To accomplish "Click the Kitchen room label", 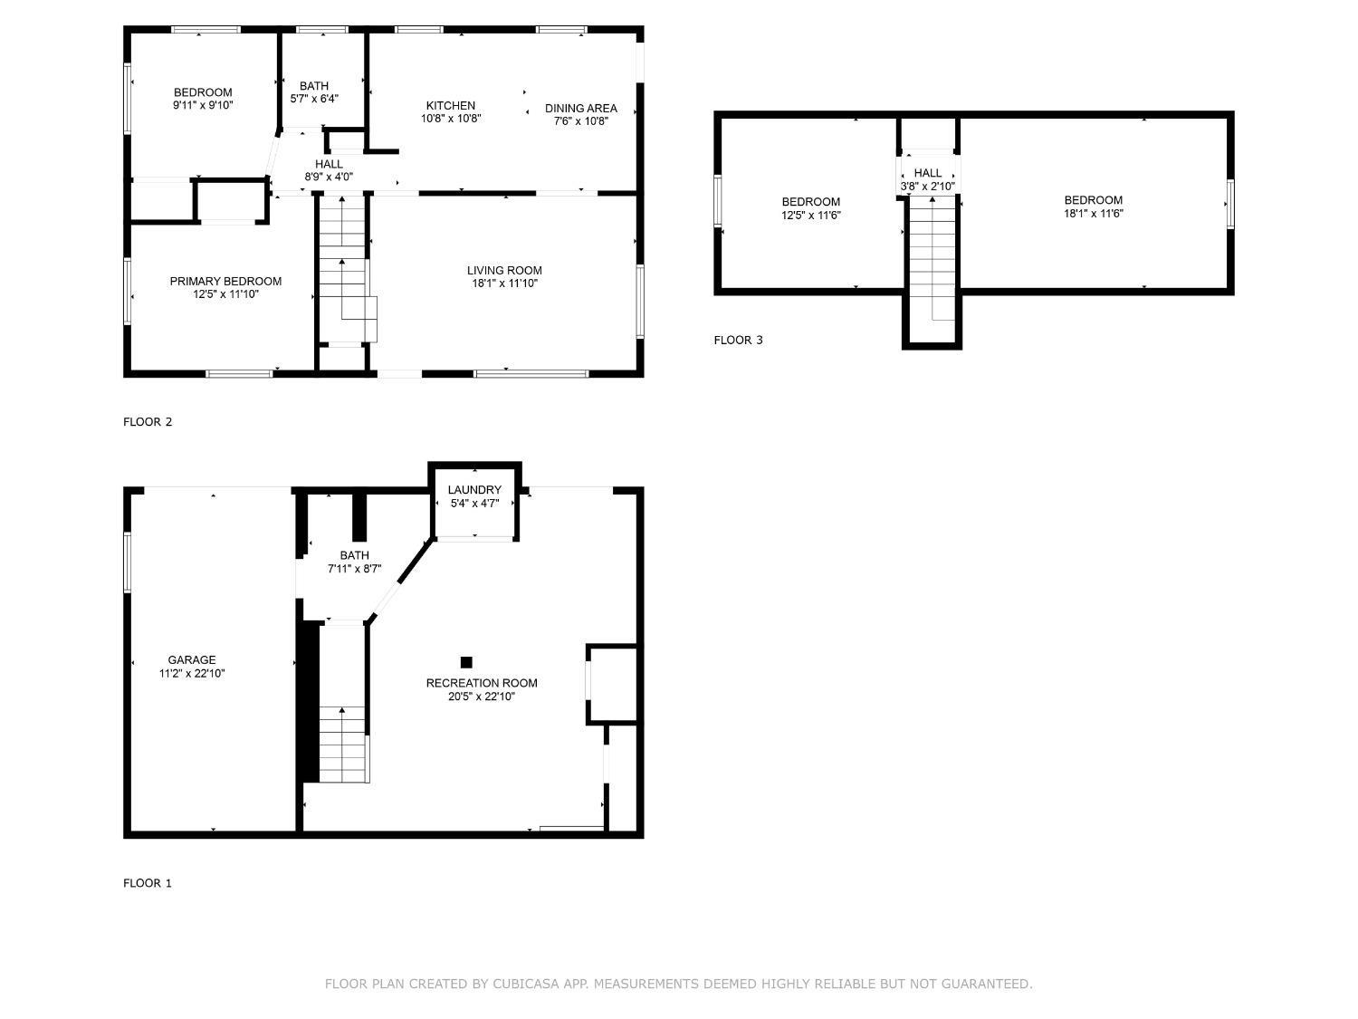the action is (x=450, y=106).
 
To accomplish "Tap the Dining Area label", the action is (x=580, y=109).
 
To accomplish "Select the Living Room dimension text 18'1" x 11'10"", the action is (x=504, y=284).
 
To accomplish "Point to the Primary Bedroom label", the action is (x=225, y=281).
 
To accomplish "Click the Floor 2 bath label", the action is (x=313, y=86).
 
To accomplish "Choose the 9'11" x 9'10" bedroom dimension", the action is (x=203, y=105).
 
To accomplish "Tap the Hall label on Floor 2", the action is (x=329, y=164).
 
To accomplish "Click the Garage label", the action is (x=192, y=659).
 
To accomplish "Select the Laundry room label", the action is (x=474, y=489).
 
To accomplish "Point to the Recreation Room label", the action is (x=482, y=682).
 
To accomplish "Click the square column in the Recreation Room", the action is (x=466, y=662).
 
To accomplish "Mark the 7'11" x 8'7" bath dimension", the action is (x=355, y=569).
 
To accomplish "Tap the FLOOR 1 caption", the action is (x=148, y=883).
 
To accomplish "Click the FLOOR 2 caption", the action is (x=148, y=422).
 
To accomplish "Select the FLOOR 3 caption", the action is (x=738, y=341).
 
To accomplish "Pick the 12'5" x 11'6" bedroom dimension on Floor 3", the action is (x=810, y=216).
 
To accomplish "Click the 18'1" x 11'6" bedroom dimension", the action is (x=1094, y=214).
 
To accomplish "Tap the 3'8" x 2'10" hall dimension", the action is (x=927, y=187).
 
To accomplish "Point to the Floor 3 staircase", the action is (x=932, y=259).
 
